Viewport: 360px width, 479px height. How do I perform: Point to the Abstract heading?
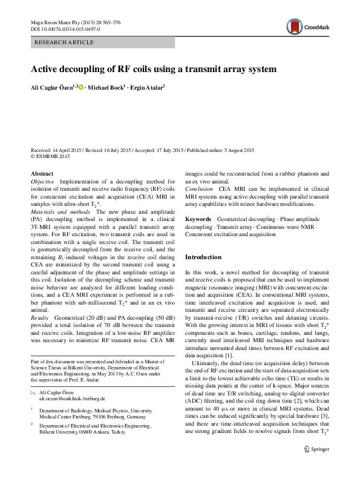tap(42, 174)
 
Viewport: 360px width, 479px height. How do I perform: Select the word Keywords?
tap(198, 219)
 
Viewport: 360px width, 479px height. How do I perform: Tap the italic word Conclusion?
tap(198, 188)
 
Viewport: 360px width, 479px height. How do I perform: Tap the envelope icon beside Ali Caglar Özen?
tap(33, 393)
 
